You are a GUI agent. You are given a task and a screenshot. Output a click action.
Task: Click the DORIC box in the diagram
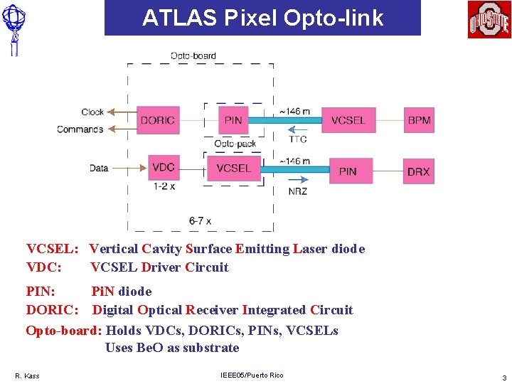pos(158,120)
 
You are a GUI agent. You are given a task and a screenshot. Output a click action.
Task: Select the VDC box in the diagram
pos(164,168)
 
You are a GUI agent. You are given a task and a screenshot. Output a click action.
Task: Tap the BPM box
pos(419,120)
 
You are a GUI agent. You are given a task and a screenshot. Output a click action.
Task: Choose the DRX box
pos(418,171)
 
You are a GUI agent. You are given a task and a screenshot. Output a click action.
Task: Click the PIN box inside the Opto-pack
pos(233,120)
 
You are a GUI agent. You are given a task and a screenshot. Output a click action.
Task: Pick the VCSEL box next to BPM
pos(348,120)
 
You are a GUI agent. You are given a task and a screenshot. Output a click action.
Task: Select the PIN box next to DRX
pos(348,171)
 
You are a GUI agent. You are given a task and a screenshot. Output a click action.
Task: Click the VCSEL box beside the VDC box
pos(234,169)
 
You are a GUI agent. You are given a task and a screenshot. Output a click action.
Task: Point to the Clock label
pos(92,112)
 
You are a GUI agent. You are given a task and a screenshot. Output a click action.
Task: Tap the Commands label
pos(80,129)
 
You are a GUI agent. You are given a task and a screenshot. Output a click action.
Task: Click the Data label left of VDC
pos(99,169)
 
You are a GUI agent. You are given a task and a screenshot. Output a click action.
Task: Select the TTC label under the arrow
pos(298,140)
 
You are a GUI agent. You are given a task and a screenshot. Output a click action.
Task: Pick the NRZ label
pos(298,191)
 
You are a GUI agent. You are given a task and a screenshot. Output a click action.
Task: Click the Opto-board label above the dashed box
pos(193,55)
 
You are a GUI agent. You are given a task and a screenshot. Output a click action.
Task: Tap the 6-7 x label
pos(200,221)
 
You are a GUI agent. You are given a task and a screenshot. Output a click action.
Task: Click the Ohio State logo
pos(489,19)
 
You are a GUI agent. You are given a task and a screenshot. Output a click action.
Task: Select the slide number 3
pos(504,377)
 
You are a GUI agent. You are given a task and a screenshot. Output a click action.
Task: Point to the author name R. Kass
pos(27,375)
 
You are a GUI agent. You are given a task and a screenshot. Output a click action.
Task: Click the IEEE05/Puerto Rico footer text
pos(252,375)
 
